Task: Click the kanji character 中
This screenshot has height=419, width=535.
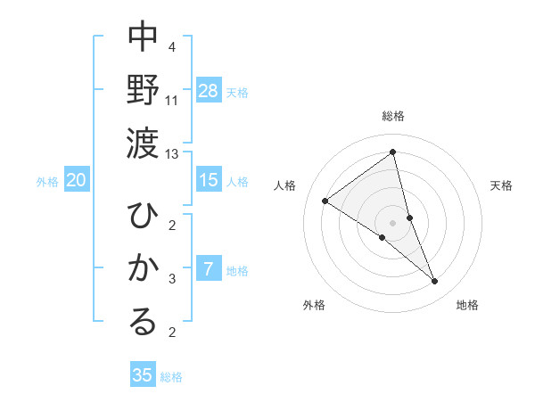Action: (143, 37)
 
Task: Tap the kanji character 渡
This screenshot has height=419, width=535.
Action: (143, 140)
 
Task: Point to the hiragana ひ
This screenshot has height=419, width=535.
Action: (143, 217)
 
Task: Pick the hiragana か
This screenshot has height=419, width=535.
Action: (143, 267)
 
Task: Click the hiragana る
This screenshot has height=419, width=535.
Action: (143, 321)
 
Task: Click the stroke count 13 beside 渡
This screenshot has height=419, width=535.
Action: (172, 154)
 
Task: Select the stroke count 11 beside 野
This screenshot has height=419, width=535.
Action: (172, 101)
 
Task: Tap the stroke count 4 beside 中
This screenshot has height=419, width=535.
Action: (171, 46)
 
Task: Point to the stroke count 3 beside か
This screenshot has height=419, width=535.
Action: (171, 279)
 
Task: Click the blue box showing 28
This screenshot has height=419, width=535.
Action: (209, 91)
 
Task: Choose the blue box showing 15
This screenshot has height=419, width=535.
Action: (209, 180)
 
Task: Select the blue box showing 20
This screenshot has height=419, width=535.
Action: (76, 180)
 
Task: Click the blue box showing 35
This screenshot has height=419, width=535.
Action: (143, 375)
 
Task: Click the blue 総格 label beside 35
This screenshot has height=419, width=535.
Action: (171, 377)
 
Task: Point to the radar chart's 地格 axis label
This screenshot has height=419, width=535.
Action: (467, 305)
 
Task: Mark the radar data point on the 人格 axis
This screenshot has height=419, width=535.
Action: (325, 201)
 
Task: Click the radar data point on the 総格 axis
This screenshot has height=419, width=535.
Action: (393, 152)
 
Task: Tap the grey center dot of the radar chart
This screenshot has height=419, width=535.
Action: (393, 222)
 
